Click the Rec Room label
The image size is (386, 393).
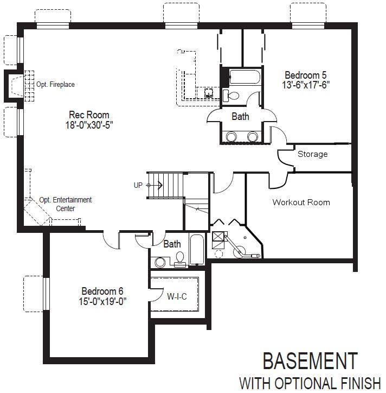(89, 115)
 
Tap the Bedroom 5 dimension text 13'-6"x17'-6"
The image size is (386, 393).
(306, 85)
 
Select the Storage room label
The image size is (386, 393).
(313, 154)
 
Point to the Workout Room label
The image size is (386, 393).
(301, 202)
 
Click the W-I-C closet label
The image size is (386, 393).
(177, 296)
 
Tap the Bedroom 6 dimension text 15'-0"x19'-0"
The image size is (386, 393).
(102, 301)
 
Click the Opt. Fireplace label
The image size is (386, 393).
(55, 84)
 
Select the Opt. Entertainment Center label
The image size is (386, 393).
(66, 204)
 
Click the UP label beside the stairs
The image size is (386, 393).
(138, 185)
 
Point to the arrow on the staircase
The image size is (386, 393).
(155, 186)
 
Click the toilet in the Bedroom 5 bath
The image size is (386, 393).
(231, 96)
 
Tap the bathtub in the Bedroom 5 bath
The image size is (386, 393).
(245, 77)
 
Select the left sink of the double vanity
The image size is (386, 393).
(231, 137)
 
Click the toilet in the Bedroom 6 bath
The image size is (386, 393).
(180, 259)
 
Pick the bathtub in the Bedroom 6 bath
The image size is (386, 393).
(197, 250)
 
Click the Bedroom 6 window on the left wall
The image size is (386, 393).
(46, 294)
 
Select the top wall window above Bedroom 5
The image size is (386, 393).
(308, 26)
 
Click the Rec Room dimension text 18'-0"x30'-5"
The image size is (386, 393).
(89, 125)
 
